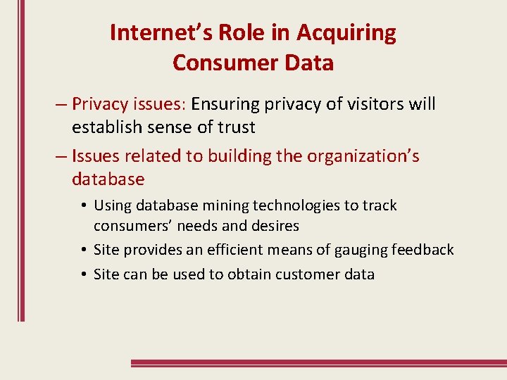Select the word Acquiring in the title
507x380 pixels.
pos(346,32)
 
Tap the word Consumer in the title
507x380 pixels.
pos(215,63)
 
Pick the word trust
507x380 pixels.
pos(237,127)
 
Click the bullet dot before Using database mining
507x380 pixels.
pos(83,206)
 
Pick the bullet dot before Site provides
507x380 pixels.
pos(83,250)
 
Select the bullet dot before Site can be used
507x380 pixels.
pos(83,274)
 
